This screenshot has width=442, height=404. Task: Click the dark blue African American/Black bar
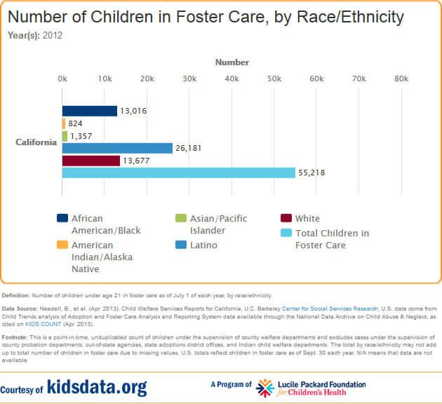(90, 111)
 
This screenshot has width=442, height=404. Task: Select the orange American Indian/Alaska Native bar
(64, 123)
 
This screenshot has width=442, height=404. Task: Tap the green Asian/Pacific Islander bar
(65, 136)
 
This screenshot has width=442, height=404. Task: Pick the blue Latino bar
(117, 148)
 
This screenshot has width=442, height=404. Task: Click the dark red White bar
(91, 161)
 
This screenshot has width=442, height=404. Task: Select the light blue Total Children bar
(179, 173)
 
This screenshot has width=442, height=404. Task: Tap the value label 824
(75, 123)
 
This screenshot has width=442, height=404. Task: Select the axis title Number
(232, 62)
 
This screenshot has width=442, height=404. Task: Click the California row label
(36, 142)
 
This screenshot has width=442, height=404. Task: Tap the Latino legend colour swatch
(182, 245)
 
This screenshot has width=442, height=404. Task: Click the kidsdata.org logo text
(98, 387)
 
